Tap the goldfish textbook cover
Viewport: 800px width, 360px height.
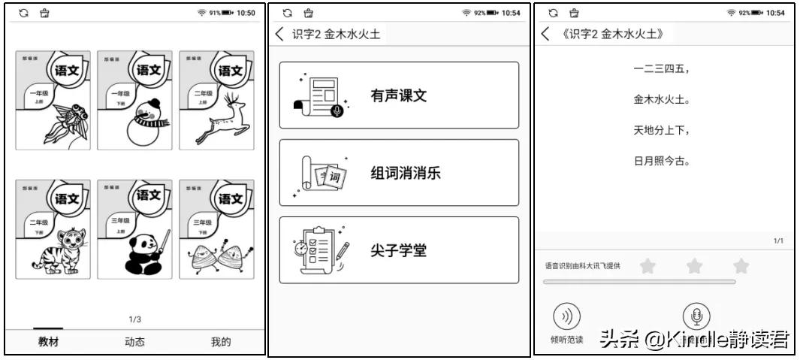pyautogui.click(x=53, y=100)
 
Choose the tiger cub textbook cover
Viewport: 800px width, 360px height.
pyautogui.click(x=53, y=228)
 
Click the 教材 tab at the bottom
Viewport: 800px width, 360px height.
pyautogui.click(x=50, y=342)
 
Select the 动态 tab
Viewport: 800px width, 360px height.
pyautogui.click(x=134, y=342)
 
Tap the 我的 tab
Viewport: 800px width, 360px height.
pyautogui.click(x=221, y=342)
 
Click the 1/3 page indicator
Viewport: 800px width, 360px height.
pyautogui.click(x=135, y=319)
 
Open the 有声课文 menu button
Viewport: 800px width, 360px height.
pyautogui.click(x=399, y=95)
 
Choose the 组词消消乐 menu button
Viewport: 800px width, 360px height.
pyautogui.click(x=399, y=173)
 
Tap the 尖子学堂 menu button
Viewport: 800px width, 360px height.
pyautogui.click(x=399, y=250)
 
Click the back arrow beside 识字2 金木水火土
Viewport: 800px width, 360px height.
pyautogui.click(x=281, y=34)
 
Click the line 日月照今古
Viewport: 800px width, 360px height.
pyautogui.click(x=661, y=161)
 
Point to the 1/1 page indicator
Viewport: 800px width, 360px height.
pyautogui.click(x=778, y=241)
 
